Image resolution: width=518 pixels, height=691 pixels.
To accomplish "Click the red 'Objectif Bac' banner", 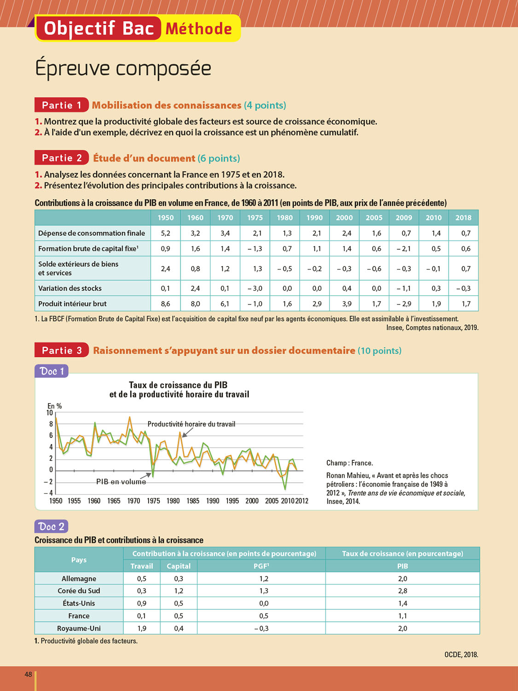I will pyautogui.click(x=99, y=29).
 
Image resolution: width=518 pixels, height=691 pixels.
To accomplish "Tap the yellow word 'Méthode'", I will pyautogui.click(x=198, y=29).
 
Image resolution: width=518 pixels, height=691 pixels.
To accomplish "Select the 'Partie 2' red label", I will pyautogui.click(x=62, y=158).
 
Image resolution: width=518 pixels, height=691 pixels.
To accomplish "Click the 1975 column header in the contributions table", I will pyautogui.click(x=255, y=218).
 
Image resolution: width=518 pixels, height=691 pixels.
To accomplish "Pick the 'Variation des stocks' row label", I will pyautogui.click(x=70, y=288).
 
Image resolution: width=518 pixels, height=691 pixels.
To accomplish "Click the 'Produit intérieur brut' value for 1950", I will pyautogui.click(x=165, y=304).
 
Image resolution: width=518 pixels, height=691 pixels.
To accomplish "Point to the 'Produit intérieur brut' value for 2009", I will pyautogui.click(x=404, y=304).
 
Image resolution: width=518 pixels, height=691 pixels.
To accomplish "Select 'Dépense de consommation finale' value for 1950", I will pyautogui.click(x=165, y=233).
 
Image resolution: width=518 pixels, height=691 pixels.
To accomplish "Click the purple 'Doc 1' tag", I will pyautogui.click(x=52, y=371).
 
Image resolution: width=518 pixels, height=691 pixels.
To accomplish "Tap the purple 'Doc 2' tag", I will pyautogui.click(x=52, y=527).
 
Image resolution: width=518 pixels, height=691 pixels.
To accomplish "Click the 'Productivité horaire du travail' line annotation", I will pyautogui.click(x=191, y=424).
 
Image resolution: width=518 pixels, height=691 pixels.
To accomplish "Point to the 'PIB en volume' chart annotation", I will pyautogui.click(x=121, y=482).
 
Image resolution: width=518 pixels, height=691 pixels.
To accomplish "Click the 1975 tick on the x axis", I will pyautogui.click(x=153, y=501).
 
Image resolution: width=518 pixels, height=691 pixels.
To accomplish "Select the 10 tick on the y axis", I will pyautogui.click(x=50, y=413).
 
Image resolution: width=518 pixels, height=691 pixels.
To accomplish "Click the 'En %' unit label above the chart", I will pyautogui.click(x=54, y=406).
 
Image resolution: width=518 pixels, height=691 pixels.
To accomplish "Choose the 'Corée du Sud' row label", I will pyautogui.click(x=79, y=591).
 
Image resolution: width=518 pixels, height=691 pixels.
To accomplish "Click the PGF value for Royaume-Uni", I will pyautogui.click(x=261, y=628).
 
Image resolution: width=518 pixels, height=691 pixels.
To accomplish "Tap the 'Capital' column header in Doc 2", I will pyautogui.click(x=179, y=566).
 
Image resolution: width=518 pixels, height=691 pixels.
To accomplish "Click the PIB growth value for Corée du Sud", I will pyautogui.click(x=402, y=591).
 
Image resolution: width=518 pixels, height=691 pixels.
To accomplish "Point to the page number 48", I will pyautogui.click(x=29, y=674).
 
